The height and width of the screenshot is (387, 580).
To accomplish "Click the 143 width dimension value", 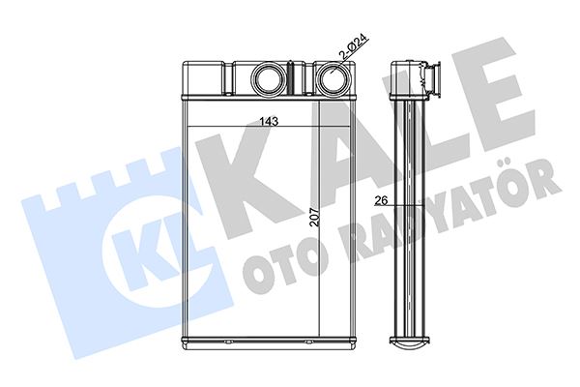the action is point(269,121).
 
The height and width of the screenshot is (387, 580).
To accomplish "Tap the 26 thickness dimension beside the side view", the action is point(381,200).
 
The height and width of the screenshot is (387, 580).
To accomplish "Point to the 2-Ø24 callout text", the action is point(353,47).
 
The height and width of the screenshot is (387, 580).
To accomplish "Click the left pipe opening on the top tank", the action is point(268,79).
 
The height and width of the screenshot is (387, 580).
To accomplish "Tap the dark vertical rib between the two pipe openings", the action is point(290,78).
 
